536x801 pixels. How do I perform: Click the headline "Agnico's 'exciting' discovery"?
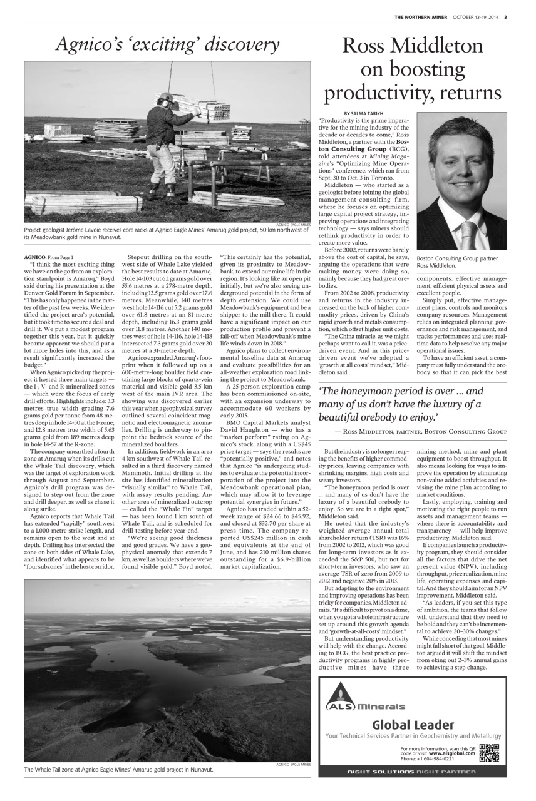coord(167,44)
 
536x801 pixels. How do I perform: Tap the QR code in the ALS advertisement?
coord(489,753)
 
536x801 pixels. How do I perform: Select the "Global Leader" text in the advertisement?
coord(413,725)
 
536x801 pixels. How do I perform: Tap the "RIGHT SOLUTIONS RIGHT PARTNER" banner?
coord(412,772)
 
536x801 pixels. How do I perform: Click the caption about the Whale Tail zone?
coord(118,769)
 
